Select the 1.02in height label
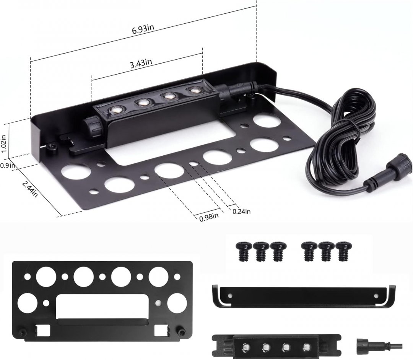coord(4,144)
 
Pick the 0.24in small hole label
coord(242,211)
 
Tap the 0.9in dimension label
coord(7,165)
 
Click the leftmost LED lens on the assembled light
coord(115,111)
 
